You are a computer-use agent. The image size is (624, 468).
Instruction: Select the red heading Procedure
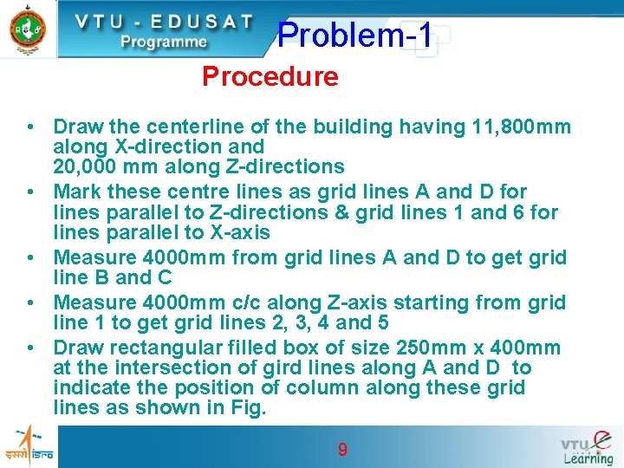pos(270,77)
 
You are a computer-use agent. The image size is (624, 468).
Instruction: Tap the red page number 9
pos(342,449)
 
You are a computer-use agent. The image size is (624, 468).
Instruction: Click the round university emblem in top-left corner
pos(28,29)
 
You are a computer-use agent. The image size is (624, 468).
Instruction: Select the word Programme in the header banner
pos(164,42)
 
